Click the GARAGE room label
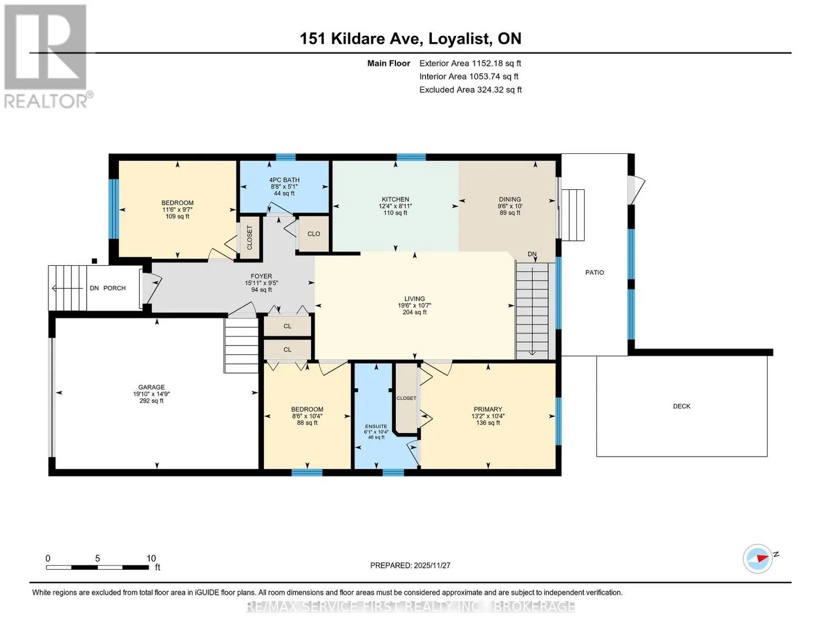coord(151,387)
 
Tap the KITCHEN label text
coord(395,199)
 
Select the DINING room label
coord(510,199)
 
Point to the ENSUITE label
coord(376,426)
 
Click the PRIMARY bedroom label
coord(488,409)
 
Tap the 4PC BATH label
coord(284,180)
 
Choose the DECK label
coord(681,406)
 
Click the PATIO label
coord(595,272)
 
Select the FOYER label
coord(261,276)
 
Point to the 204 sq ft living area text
coord(414,312)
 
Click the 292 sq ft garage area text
coord(151,400)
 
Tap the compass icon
coord(758,558)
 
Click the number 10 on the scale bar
coord(151,558)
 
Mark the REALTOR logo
coord(46,57)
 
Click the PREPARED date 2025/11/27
coord(432,565)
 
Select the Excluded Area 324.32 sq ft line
coord(471,90)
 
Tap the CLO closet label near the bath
coord(313,234)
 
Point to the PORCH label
coord(115,288)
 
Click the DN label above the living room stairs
coord(532,254)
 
